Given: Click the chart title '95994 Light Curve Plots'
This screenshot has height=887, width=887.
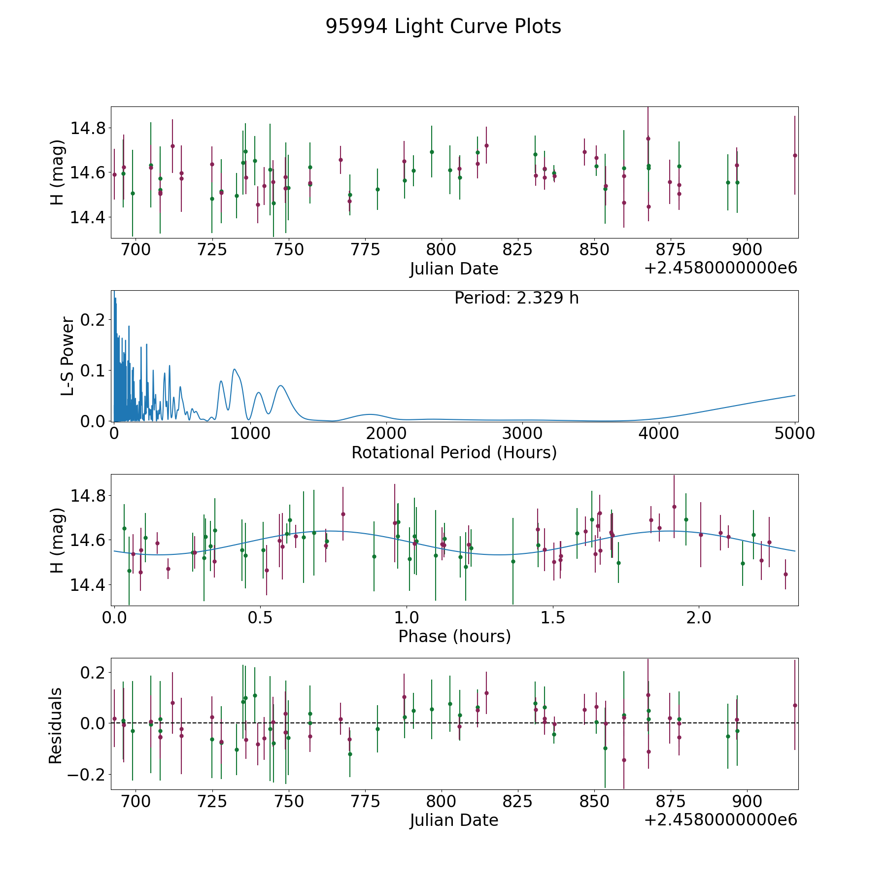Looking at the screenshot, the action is point(443,27).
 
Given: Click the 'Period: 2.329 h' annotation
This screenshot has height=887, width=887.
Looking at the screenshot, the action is point(516,298).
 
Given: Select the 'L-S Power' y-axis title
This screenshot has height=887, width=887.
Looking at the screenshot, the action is point(68,356).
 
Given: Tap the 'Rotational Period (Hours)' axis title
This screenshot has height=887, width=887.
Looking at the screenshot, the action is point(454,452).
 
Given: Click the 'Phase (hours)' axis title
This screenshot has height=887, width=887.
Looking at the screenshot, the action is point(454,636).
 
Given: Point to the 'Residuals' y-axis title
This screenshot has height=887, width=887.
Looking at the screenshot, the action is point(56,725).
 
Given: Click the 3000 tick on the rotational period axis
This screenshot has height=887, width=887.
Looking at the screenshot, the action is point(522,434).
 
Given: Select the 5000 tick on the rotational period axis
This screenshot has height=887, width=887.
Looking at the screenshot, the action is point(794,434).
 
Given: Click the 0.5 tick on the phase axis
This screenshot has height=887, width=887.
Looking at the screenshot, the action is point(261,617).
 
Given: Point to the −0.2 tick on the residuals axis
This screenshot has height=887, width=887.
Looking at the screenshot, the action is point(88,774).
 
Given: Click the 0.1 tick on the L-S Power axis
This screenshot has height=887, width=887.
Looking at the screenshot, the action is point(94,371).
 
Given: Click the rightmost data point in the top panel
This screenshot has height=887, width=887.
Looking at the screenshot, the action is point(795,155).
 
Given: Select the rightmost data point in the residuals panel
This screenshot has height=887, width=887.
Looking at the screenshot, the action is point(795,705).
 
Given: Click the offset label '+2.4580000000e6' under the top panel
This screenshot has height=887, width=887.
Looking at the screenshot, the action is point(721,268).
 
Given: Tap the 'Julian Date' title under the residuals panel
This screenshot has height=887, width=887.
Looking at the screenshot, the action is point(454,820).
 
